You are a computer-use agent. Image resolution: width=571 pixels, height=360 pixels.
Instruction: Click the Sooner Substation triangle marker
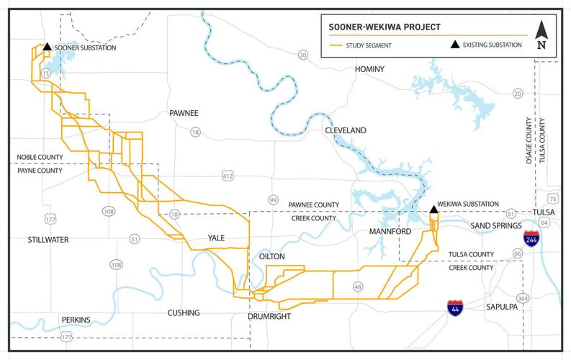(47, 47)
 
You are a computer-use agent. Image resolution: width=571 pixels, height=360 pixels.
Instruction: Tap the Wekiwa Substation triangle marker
(433, 210)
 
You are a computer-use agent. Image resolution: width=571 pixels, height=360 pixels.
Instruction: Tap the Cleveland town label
(346, 130)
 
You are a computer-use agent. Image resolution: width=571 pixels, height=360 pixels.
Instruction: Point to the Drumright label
(267, 316)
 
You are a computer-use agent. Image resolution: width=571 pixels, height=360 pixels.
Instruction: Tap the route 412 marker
(228, 176)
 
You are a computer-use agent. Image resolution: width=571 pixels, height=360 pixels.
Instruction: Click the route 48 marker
(357, 287)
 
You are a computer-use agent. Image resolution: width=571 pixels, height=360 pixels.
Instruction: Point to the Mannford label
(390, 232)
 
